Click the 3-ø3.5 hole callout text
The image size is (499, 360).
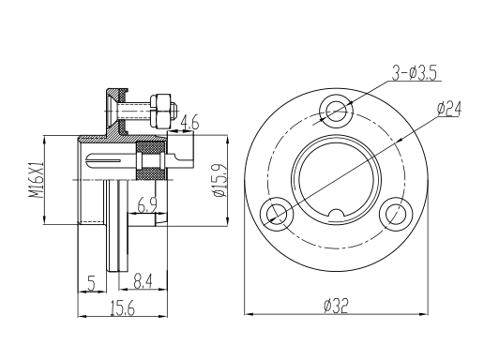pos(414,73)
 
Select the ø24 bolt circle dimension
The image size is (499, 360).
pos(449,109)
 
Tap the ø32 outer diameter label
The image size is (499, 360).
pos(336,306)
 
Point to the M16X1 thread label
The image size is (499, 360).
pos(37,180)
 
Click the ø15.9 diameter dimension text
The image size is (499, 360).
pos(220,181)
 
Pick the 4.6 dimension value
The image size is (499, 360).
pos(190,123)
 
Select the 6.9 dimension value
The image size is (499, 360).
pos(147,204)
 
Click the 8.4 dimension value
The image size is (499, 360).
pos(144,282)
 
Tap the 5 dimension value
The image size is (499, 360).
pos(92,283)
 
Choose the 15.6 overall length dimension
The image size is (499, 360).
pos(123,308)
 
